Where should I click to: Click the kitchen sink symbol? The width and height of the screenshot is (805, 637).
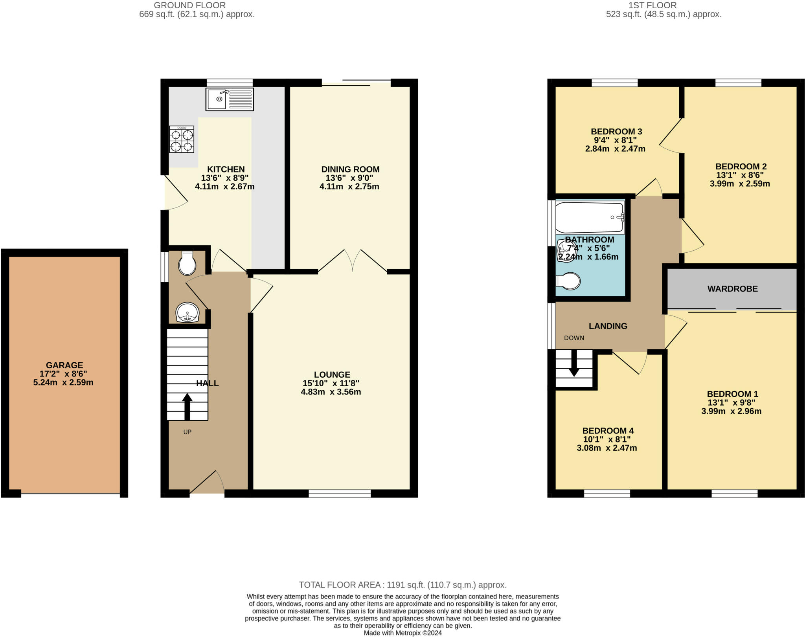230,99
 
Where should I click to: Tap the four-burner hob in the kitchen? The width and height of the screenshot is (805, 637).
182,139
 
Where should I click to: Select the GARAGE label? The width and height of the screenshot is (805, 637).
64,365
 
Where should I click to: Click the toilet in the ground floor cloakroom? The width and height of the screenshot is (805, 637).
187,264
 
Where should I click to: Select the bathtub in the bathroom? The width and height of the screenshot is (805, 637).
589,217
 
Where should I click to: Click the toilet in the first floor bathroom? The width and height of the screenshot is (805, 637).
569,281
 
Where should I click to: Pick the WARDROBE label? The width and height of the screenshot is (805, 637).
732,289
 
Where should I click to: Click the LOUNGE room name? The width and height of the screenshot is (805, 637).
332,374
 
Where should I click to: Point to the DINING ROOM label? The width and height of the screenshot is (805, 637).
350,169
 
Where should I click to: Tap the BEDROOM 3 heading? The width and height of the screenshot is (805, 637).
616,132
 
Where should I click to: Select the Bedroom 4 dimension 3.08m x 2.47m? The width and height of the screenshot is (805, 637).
607,448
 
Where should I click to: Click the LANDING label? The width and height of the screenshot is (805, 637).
608,326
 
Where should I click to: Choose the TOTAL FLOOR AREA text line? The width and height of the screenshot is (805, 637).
402,585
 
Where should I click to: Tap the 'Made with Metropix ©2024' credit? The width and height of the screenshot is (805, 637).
402,633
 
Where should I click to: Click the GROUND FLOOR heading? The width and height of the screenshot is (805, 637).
189,6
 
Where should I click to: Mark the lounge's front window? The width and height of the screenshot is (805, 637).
340,493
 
